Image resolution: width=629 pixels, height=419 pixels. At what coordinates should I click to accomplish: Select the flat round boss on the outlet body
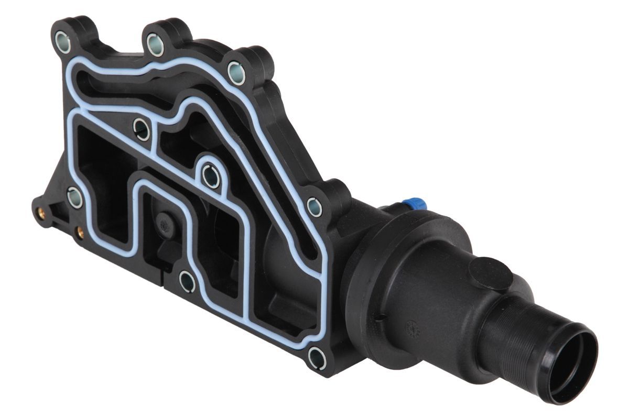[x=490, y=273]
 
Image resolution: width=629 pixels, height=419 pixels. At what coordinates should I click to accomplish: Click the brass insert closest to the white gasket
[x=80, y=231]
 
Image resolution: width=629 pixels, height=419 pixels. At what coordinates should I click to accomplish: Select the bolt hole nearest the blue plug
[x=314, y=207]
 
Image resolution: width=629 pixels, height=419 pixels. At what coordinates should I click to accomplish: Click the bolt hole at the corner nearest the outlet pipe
[x=317, y=358]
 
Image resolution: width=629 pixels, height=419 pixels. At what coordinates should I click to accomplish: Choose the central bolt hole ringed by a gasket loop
[x=211, y=176]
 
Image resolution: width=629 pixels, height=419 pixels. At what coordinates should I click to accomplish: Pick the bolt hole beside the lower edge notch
[x=187, y=281]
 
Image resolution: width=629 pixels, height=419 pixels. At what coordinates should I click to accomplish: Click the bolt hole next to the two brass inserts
[x=75, y=197]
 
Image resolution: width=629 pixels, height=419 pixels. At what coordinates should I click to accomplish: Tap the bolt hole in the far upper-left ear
[x=63, y=42]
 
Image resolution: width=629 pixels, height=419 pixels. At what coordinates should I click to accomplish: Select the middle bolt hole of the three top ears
[x=155, y=45]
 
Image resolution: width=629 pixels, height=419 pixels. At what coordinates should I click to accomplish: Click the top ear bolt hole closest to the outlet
[x=236, y=73]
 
